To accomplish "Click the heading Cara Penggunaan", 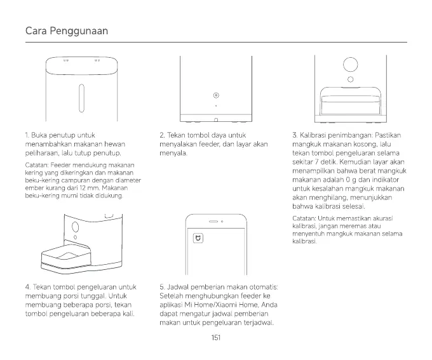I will click(x=67, y=31).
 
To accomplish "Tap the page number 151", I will click(x=215, y=338).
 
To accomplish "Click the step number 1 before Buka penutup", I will click(x=26, y=135).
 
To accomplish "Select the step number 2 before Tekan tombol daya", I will click(x=162, y=135).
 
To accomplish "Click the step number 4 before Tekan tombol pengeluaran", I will click(x=27, y=287).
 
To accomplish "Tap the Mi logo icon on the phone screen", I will click(x=197, y=239).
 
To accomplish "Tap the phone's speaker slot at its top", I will click(x=213, y=222).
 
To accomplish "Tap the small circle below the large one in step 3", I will click(x=351, y=79).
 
